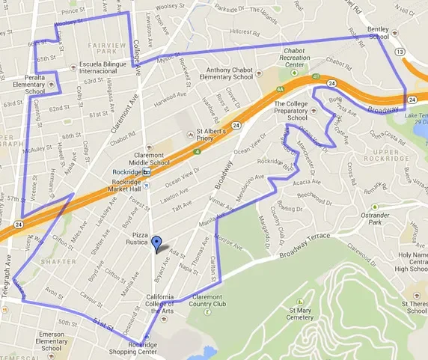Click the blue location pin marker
[x=156, y=244]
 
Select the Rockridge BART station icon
[x=147, y=171]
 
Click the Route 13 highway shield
[x=401, y=51]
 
